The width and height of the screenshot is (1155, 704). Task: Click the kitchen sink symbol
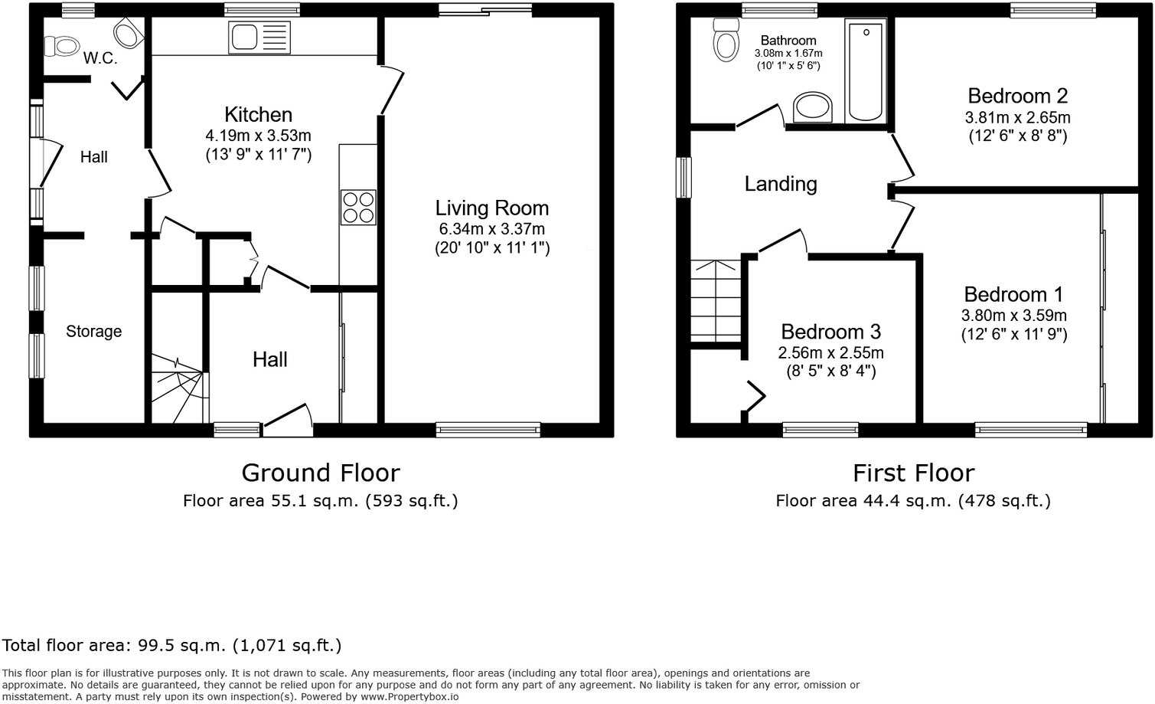(259, 38)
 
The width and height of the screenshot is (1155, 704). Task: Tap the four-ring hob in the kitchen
(358, 208)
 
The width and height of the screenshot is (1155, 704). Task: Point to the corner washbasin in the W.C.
(129, 32)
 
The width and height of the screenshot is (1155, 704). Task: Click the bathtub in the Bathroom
(865, 71)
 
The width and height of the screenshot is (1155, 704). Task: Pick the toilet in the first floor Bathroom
(726, 40)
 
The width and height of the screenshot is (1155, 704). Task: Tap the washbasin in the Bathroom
(813, 107)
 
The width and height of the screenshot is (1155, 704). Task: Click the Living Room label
(492, 208)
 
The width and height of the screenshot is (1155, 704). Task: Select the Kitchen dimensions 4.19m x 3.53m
(259, 136)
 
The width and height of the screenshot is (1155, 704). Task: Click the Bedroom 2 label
(1017, 96)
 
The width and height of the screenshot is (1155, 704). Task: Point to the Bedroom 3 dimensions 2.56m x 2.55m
(830, 353)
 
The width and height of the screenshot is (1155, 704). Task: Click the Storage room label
(94, 332)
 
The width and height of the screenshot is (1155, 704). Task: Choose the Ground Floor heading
(321, 473)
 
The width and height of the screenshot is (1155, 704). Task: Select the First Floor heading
(914, 473)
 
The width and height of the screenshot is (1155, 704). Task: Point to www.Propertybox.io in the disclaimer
(409, 697)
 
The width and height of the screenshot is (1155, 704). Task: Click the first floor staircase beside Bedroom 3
(716, 301)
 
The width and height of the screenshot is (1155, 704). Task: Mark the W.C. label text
(100, 58)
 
